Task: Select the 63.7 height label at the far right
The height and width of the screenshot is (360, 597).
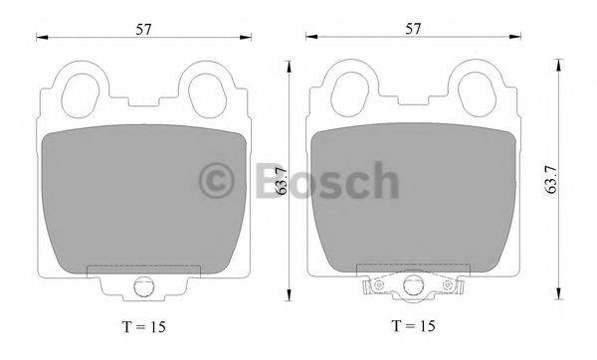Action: point(551,180)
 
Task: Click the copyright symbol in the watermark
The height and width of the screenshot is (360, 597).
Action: point(221,182)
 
